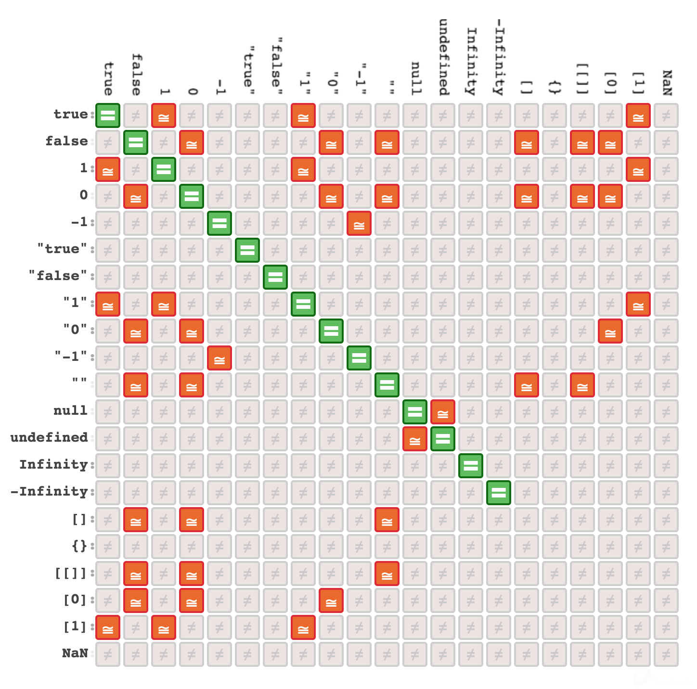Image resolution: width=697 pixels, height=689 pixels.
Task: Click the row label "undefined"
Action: (x=49, y=437)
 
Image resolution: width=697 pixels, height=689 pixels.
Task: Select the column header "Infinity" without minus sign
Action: (x=471, y=62)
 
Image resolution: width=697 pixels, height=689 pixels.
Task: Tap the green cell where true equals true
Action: (x=108, y=115)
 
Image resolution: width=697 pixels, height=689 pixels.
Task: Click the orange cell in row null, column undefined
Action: (x=443, y=412)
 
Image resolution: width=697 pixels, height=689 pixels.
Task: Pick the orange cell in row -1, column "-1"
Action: (x=359, y=223)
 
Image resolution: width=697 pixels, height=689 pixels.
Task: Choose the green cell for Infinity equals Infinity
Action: (x=471, y=466)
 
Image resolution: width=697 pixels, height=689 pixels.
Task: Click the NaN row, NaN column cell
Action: (x=666, y=654)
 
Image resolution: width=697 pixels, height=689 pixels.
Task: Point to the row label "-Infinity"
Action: (x=49, y=491)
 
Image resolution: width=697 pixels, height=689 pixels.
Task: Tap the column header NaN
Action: (x=667, y=83)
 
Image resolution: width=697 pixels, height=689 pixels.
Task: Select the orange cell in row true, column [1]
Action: (x=638, y=115)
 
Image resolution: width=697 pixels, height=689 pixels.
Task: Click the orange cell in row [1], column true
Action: (x=108, y=627)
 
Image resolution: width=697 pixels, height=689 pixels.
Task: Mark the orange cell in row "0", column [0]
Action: (x=610, y=331)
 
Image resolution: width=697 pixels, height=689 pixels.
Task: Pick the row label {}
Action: (x=79, y=546)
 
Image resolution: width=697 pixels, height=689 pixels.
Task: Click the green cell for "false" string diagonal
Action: (x=275, y=277)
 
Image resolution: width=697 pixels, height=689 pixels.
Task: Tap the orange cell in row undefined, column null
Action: (x=415, y=439)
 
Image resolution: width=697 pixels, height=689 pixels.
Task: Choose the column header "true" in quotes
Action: (x=248, y=67)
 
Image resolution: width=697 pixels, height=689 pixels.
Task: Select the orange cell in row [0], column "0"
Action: (x=331, y=600)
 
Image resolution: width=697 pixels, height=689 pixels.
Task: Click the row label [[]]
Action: (x=71, y=573)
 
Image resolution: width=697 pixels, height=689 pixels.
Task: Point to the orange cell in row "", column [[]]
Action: (x=582, y=385)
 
